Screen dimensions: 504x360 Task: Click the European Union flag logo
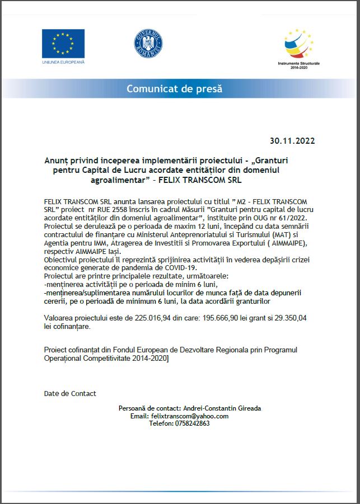pos(63,43)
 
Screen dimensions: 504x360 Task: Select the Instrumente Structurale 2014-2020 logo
pos(298,48)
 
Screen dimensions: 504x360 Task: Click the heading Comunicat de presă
pos(174,88)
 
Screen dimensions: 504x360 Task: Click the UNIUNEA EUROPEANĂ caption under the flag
pos(63,62)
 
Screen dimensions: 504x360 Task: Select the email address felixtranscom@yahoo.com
pos(190,416)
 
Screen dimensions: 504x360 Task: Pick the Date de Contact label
pos(70,393)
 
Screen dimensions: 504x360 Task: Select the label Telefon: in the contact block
pos(161,423)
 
